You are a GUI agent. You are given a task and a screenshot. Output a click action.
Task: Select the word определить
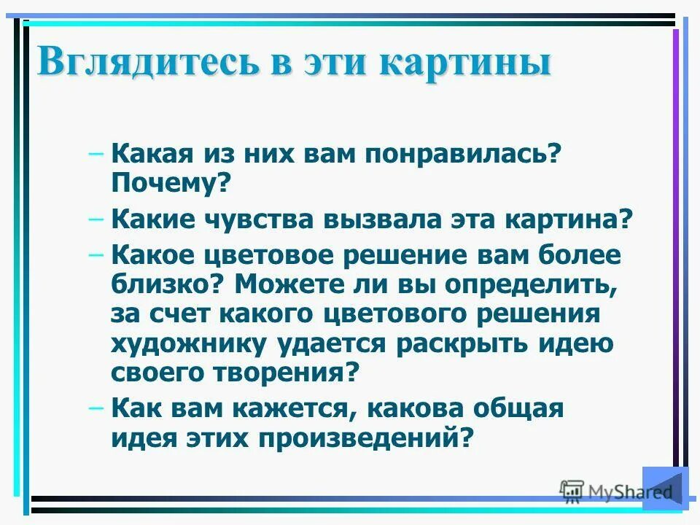tap(527, 284)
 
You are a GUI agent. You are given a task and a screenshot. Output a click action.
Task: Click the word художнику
tap(187, 343)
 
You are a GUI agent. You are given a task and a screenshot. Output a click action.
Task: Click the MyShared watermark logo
tap(616, 491)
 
